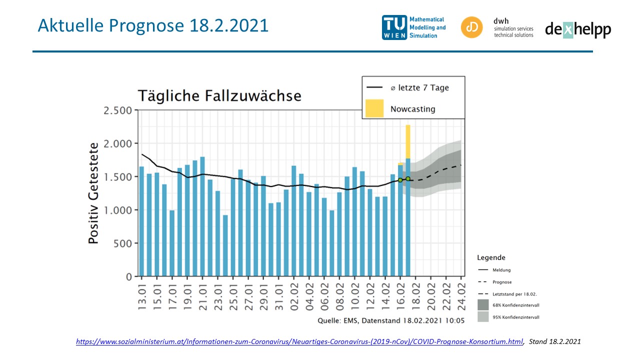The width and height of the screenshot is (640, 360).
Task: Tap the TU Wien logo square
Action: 394,27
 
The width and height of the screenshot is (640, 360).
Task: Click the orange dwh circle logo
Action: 471,27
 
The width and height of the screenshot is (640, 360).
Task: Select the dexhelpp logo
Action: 578,29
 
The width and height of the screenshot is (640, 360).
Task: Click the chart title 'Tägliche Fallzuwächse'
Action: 219,95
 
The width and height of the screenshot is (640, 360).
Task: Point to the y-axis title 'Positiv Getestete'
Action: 93,193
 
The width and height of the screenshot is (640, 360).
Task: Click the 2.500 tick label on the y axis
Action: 118,110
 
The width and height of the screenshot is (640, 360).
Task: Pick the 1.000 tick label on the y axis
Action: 118,210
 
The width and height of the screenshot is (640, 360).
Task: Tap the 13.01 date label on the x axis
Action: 142,297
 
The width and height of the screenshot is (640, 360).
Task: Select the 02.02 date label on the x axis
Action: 294,297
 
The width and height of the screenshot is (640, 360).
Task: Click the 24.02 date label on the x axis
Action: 461,297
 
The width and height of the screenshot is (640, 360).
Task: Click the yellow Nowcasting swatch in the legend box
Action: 374,108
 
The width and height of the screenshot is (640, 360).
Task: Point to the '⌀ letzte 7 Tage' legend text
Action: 419,88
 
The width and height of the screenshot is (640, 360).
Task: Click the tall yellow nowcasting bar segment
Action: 408,141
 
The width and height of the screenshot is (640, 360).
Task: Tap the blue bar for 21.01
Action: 202,217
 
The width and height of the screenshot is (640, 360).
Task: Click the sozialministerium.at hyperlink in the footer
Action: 299,342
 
